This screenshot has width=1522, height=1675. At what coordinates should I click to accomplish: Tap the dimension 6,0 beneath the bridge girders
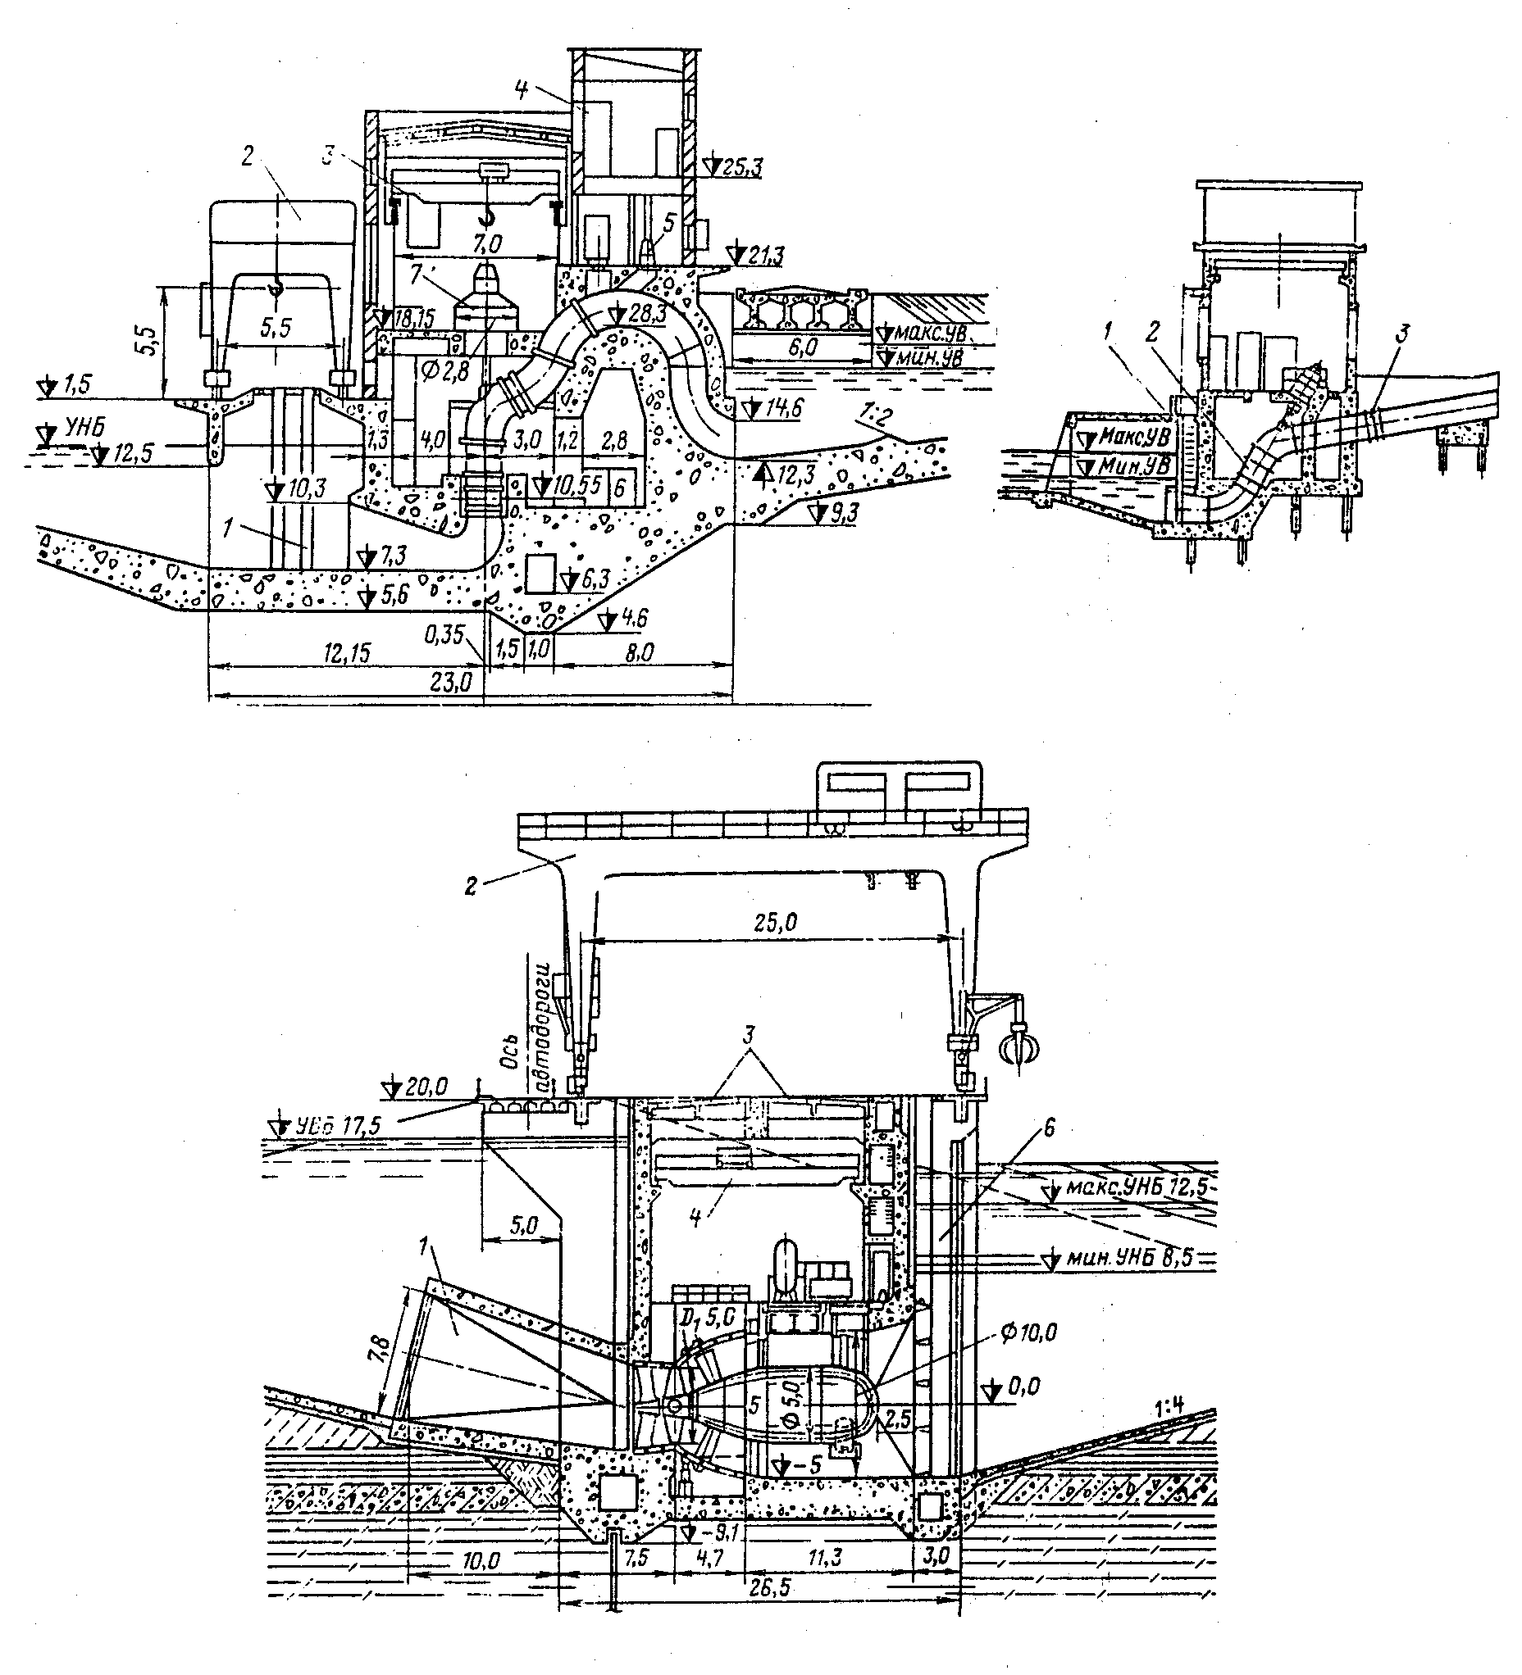click(800, 347)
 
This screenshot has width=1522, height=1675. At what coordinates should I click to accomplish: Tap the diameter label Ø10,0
click(1029, 1332)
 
